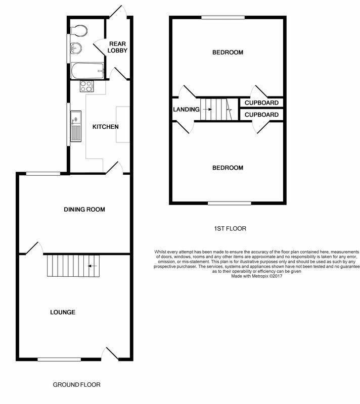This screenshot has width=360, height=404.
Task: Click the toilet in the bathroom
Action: pyautogui.click(x=79, y=30)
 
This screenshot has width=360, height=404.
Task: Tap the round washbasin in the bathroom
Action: pyautogui.click(x=76, y=48)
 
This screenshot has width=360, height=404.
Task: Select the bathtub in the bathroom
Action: pyautogui.click(x=87, y=71)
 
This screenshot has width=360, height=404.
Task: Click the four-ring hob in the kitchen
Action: pyautogui.click(x=86, y=86)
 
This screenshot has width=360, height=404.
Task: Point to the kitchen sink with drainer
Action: pyautogui.click(x=76, y=126)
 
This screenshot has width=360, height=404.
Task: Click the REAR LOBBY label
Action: pyautogui.click(x=117, y=47)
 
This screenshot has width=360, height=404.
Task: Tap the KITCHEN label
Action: pyautogui.click(x=106, y=127)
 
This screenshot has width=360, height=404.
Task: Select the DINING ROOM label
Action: pyautogui.click(x=84, y=210)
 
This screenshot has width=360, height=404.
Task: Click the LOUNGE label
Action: pyautogui.click(x=63, y=312)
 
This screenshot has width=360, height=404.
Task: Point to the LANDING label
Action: pyautogui.click(x=186, y=110)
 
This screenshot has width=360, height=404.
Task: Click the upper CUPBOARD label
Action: pyautogui.click(x=261, y=103)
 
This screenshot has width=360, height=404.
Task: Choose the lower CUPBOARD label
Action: pyautogui.click(x=261, y=115)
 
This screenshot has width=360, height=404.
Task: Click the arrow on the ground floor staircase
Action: pyautogui.click(x=93, y=266)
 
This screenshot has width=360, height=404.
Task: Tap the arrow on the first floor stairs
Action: pyautogui.click(x=208, y=110)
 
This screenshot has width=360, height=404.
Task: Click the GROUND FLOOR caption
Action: pyautogui.click(x=76, y=385)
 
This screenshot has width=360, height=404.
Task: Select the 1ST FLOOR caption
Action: pyautogui.click(x=230, y=229)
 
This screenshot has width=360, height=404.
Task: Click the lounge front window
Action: pyautogui.click(x=59, y=360)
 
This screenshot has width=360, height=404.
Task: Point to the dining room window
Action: pyautogui.click(x=43, y=174)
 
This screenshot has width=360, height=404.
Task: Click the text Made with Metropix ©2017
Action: pyautogui.click(x=256, y=276)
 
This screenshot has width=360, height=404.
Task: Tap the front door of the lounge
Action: pyautogui.click(x=110, y=355)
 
